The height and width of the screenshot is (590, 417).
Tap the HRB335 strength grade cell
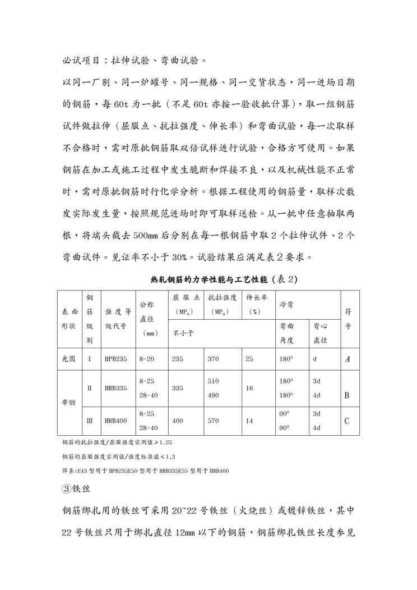pos(114,388)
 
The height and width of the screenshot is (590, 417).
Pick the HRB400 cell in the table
pos(114,420)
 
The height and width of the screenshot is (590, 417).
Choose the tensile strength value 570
pos(213,420)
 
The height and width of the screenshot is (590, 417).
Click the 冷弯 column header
pos(287,303)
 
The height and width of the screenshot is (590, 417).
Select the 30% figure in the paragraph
pos(179,257)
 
